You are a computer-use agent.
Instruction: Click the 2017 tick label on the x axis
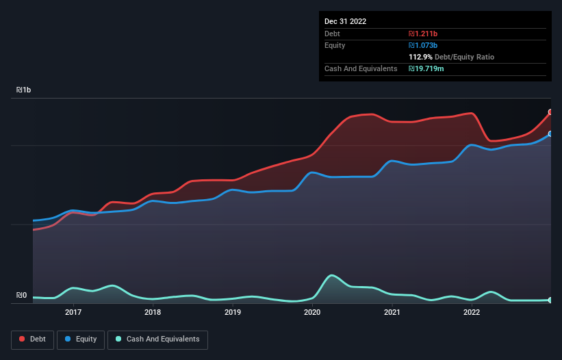tap(73, 312)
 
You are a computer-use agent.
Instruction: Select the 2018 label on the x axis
tap(153, 312)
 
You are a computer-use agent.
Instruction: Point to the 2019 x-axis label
tap(233, 312)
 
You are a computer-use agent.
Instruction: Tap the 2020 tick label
tap(312, 312)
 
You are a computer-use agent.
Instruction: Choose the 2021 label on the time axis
tap(392, 312)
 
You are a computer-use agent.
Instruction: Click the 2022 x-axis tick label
tap(472, 312)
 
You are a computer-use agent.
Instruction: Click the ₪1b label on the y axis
tap(24, 90)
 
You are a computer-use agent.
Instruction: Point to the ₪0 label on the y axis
tap(21, 296)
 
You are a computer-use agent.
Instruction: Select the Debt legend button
tap(32, 339)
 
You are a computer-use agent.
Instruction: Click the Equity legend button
tap(81, 339)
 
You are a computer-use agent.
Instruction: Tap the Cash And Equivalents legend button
tap(157, 339)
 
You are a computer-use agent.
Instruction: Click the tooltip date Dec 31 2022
tap(346, 21)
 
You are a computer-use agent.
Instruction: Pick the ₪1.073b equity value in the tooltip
tap(423, 45)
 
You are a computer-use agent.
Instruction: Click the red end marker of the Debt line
tap(550, 112)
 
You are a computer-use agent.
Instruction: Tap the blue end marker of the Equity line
tap(550, 134)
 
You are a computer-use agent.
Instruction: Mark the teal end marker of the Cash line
tap(550, 300)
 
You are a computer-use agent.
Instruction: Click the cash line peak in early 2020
tap(332, 276)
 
